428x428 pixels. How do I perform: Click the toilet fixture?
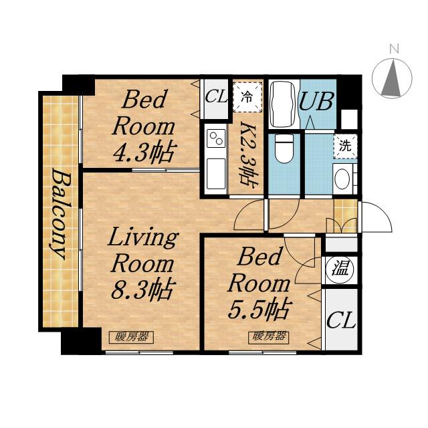(284, 148)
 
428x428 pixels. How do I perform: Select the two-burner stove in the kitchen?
(216, 138)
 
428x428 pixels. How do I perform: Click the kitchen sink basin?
(216, 174)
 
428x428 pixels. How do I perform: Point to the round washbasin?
(342, 179)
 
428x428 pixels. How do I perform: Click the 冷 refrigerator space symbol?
(247, 96)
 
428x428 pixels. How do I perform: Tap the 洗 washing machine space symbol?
(345, 146)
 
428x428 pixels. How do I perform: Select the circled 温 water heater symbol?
(340, 270)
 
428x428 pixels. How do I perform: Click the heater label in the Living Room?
(131, 337)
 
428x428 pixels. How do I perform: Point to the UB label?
(316, 101)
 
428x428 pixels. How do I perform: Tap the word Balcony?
(60, 213)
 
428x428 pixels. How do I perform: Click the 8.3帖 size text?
(143, 290)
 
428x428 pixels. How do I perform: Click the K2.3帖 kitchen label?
(248, 155)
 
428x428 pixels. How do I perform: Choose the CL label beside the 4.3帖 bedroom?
(216, 96)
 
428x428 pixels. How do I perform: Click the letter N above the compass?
(394, 49)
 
